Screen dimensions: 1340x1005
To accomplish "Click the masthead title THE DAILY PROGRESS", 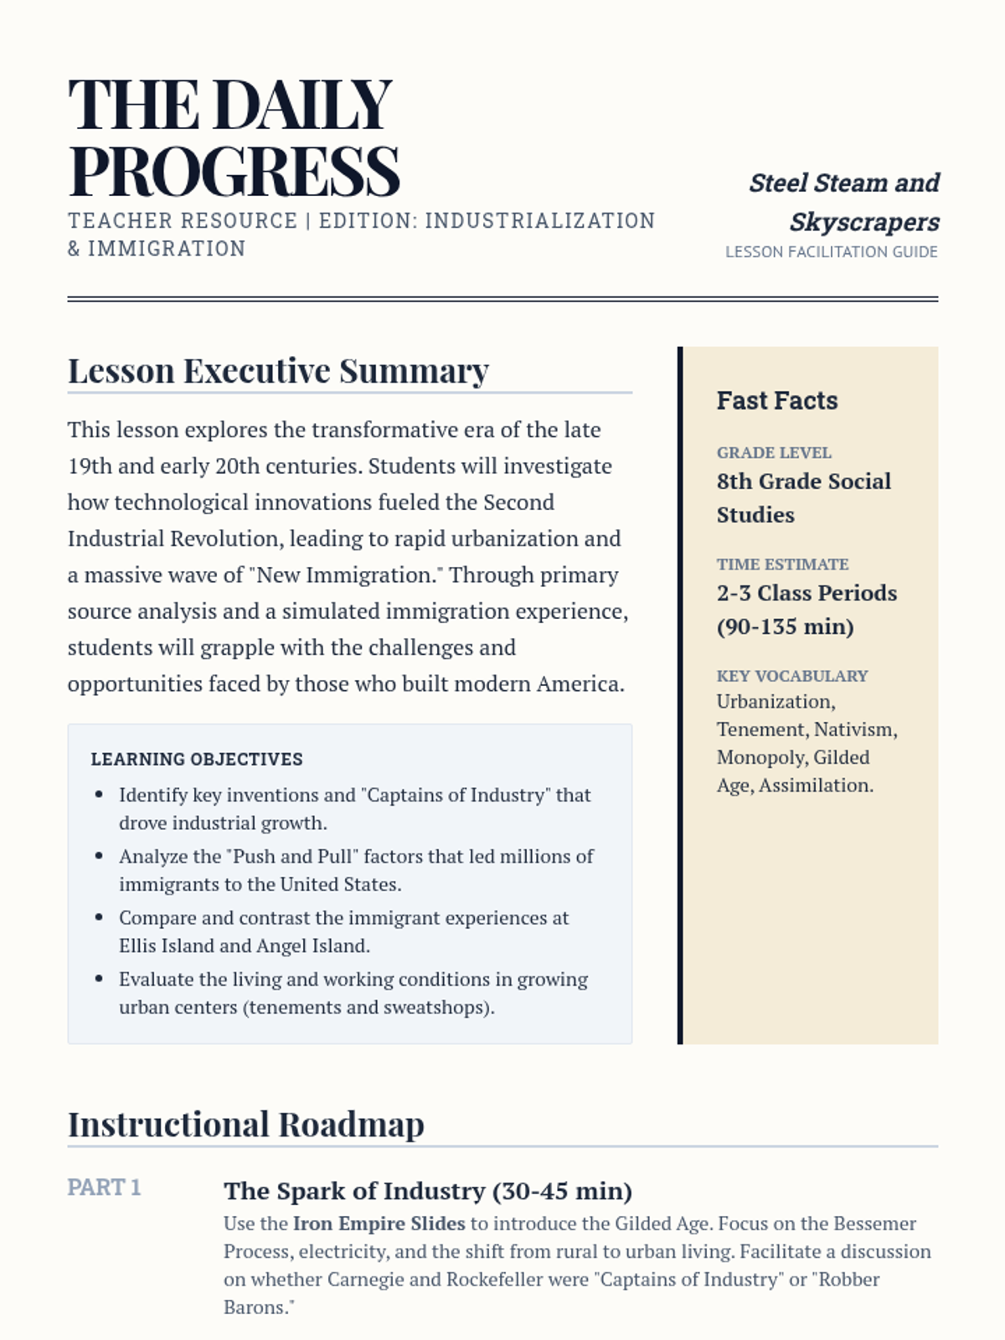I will (234, 137).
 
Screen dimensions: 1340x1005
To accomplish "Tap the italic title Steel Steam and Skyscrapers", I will (843, 202).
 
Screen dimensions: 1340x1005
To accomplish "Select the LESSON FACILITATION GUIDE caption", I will (831, 252).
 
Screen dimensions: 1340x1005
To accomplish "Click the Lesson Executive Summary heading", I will (278, 371).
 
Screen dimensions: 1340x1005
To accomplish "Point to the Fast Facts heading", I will (776, 400).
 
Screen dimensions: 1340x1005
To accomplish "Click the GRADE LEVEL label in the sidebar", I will (774, 453).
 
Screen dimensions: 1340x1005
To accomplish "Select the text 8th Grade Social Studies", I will (803, 497).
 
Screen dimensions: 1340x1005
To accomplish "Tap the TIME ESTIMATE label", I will (782, 564).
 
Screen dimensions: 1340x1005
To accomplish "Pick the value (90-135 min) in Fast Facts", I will (785, 626).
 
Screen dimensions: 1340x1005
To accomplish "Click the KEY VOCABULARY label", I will (791, 676).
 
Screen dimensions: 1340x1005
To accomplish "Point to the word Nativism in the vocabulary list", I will (855, 729).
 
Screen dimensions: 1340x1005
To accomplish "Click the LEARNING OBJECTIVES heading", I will (197, 760).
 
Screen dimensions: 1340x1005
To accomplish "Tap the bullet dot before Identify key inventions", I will (100, 795).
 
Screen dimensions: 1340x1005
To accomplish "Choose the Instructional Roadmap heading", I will (245, 1125).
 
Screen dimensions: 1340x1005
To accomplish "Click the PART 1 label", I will (104, 1188).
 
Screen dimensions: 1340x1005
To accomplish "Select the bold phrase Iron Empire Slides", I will (379, 1224).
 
